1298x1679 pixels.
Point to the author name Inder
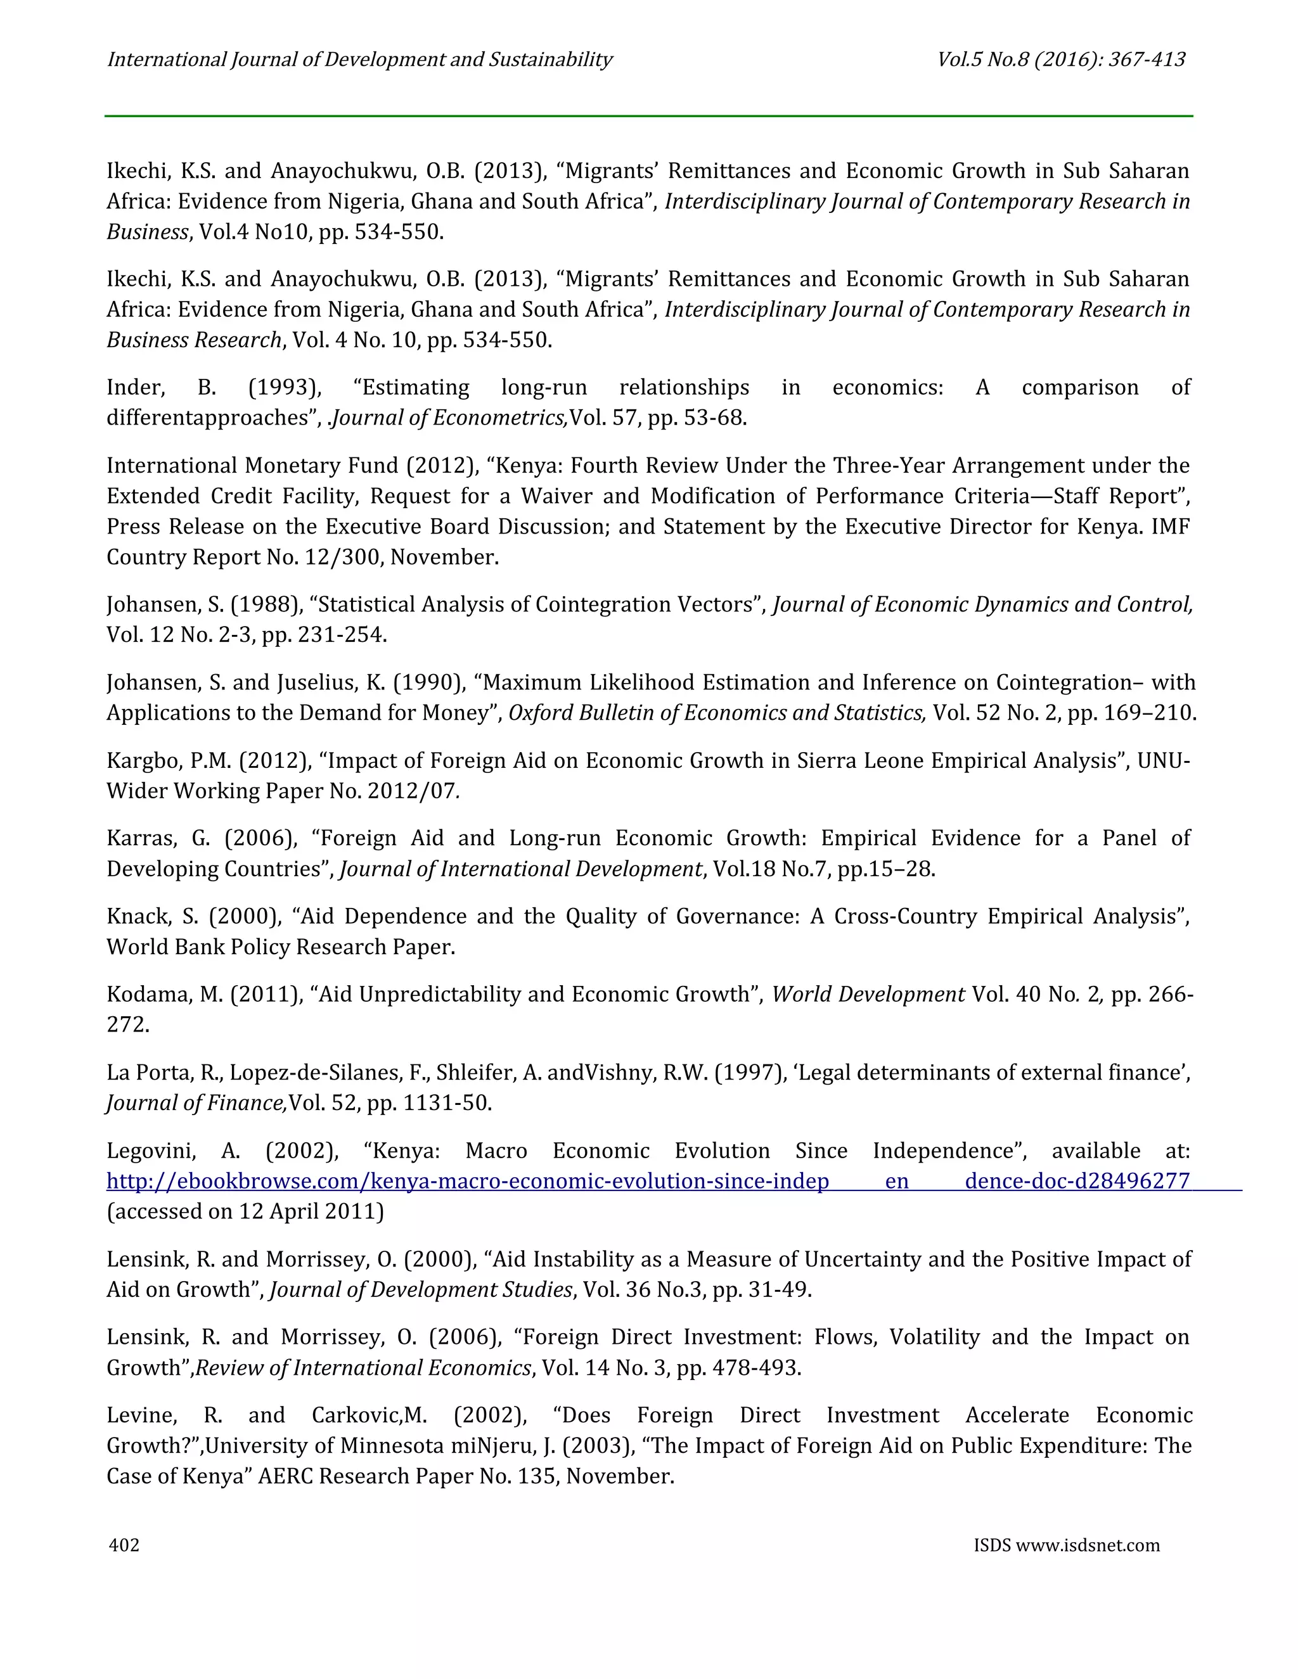134,388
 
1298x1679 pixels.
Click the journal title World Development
868,995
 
